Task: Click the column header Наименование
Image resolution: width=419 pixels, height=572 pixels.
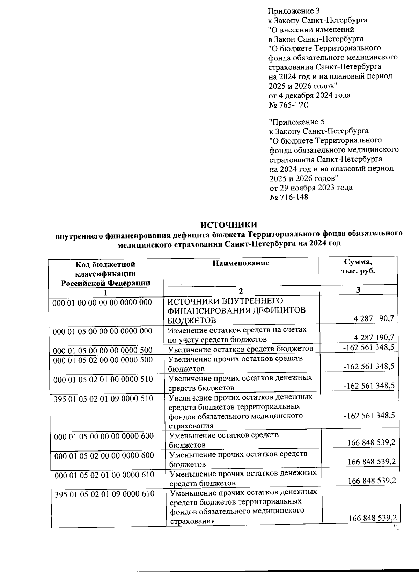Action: tap(241, 263)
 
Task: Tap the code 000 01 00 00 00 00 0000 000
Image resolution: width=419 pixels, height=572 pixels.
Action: tap(102, 302)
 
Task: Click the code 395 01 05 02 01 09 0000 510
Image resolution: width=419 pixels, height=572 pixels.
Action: tap(103, 398)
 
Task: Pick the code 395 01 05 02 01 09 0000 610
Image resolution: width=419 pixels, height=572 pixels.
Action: tap(105, 494)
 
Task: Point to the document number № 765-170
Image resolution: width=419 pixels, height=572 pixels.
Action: tap(288, 105)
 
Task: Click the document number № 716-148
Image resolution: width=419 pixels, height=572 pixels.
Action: tap(289, 197)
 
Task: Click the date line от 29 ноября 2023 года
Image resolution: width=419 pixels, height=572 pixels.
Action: tap(311, 188)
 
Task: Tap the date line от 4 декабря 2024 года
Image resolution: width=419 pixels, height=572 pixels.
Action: tap(309, 95)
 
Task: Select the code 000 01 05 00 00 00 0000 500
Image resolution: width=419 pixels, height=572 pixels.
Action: tap(103, 350)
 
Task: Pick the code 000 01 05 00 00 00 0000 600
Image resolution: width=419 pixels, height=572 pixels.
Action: tap(104, 436)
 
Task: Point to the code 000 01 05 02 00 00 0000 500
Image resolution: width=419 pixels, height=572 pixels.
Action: tap(103, 360)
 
